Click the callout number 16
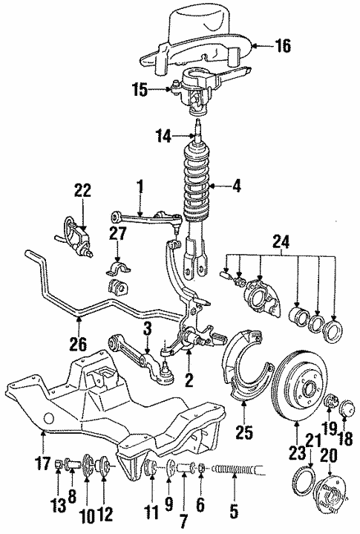click(x=282, y=45)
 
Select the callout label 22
click(x=82, y=190)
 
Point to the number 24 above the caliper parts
click(x=281, y=242)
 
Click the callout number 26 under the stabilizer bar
click(x=78, y=344)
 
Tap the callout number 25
click(x=245, y=432)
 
